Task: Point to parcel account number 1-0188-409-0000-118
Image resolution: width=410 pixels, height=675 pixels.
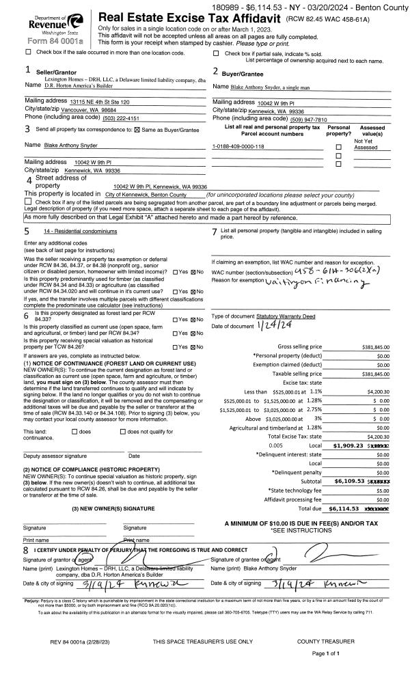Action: click(x=238, y=147)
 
